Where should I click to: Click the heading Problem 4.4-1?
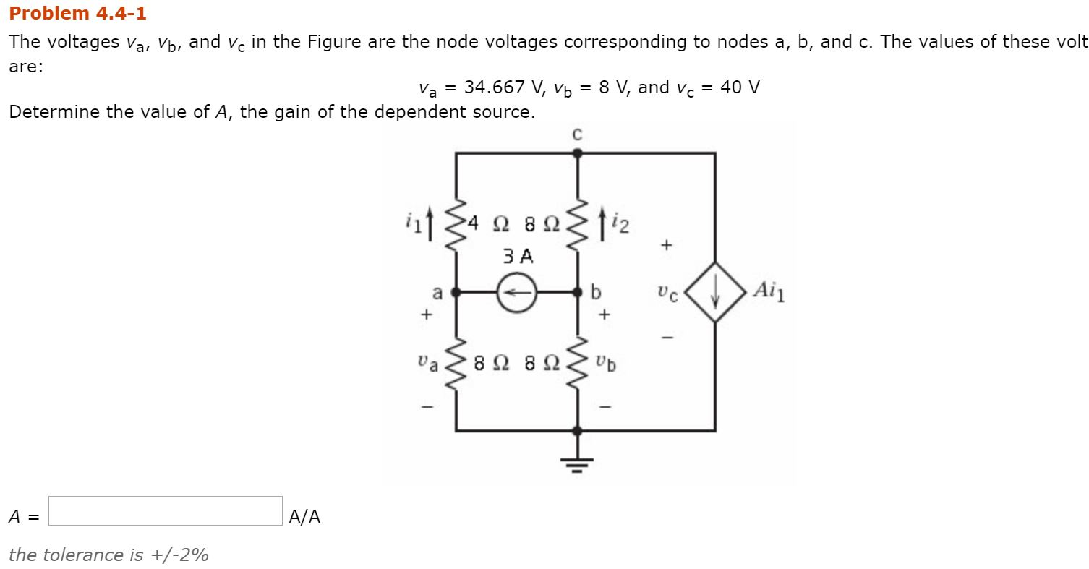point(77,14)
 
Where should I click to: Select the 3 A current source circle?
point(516,292)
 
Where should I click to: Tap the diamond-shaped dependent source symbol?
point(715,292)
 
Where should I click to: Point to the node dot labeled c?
point(576,153)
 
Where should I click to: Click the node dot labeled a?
point(456,292)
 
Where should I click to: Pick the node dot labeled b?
point(576,292)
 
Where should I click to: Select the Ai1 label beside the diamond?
point(769,291)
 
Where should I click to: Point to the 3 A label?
point(516,256)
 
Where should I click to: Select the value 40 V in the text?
point(740,87)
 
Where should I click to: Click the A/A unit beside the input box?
point(304,516)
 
